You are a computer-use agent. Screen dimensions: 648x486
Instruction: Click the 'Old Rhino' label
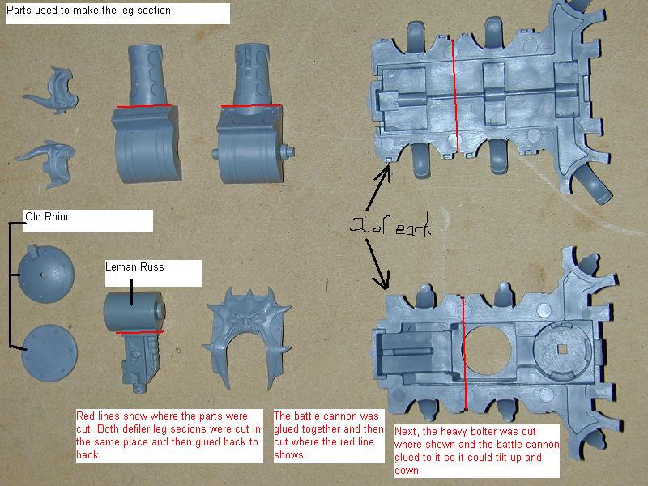48,216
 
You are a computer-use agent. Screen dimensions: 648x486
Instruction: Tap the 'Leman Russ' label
134,267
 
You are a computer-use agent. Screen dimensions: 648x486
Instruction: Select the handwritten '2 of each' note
390,227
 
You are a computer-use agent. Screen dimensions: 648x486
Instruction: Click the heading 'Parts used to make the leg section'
88,10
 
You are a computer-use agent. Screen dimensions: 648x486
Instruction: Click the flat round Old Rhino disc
49,353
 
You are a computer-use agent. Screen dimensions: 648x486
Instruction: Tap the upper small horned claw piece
53,89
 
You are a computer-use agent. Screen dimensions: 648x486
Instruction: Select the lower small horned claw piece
49,164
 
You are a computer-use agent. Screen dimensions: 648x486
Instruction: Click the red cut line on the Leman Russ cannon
139,332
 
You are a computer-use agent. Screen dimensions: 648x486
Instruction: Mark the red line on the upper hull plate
455,96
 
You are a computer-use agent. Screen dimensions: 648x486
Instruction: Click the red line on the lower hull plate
464,353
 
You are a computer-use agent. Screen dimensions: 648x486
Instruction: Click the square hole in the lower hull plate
562,350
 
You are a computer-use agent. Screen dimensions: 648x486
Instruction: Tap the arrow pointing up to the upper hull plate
377,187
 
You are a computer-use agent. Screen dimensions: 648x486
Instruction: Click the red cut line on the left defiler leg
144,106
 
